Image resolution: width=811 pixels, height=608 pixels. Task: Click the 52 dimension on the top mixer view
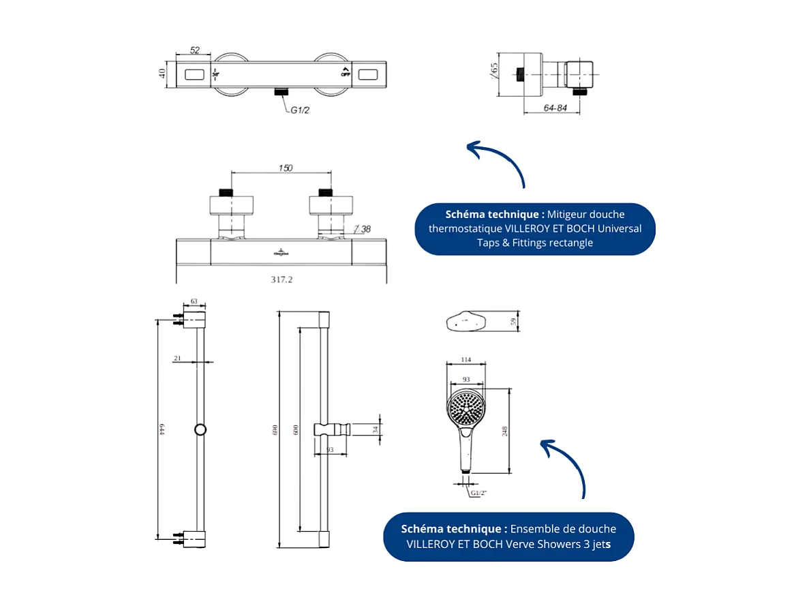(x=195, y=50)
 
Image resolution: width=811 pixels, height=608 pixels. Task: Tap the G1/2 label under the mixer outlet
(x=301, y=110)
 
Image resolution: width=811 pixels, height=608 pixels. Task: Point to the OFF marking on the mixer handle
(x=346, y=74)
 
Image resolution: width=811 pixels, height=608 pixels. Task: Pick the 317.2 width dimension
(x=281, y=279)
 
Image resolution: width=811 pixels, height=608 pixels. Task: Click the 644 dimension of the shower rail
(x=162, y=428)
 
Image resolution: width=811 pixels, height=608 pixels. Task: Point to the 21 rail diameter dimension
(x=177, y=358)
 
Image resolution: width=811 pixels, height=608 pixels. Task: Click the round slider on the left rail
(x=200, y=429)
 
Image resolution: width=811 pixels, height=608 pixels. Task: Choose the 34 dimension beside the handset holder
(x=375, y=429)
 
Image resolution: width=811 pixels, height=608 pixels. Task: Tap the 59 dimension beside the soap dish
(x=513, y=322)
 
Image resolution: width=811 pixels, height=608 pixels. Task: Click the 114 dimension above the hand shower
(x=465, y=359)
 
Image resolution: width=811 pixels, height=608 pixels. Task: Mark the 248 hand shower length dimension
(x=505, y=431)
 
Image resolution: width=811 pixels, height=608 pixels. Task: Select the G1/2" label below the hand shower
(x=479, y=492)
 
